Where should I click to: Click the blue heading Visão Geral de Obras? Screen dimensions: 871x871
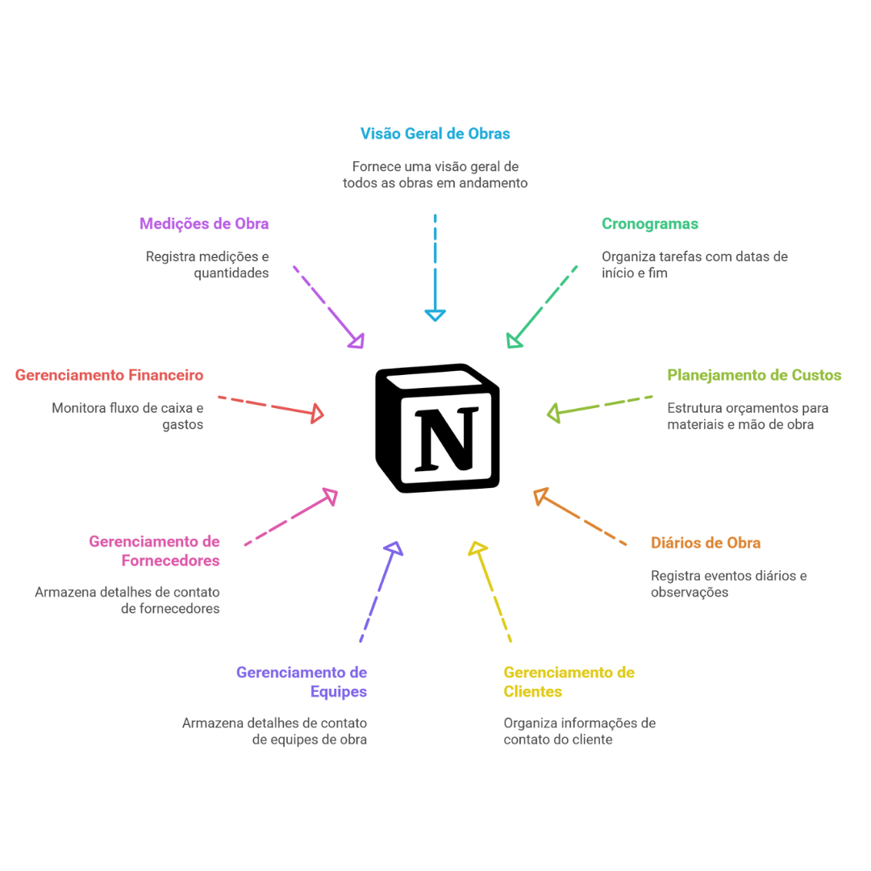point(435,133)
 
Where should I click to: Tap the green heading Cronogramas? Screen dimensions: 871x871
point(650,224)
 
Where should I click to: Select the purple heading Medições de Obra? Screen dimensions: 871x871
point(205,224)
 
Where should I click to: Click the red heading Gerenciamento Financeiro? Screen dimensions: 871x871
point(110,375)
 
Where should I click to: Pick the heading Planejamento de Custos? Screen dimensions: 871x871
point(754,375)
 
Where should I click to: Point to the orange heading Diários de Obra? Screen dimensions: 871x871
point(705,543)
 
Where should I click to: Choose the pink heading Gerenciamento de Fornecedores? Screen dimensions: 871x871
point(155,550)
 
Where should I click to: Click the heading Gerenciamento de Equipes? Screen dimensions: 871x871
point(302,681)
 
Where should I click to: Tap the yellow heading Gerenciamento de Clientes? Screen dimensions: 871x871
point(569,681)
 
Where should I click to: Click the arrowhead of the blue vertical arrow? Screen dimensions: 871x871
point(435,315)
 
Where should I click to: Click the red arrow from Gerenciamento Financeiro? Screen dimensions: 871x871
point(270,406)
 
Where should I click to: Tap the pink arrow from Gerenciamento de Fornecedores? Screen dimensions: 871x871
point(290,518)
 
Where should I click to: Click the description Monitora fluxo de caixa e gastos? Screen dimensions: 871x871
point(128,416)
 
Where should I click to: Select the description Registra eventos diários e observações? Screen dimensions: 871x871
point(729,584)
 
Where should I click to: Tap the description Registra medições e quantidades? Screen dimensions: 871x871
point(208,265)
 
